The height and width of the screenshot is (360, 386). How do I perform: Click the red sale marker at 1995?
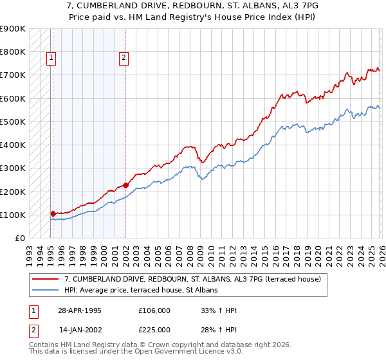pyautogui.click(x=53, y=213)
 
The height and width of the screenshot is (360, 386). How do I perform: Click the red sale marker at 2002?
pyautogui.click(x=125, y=185)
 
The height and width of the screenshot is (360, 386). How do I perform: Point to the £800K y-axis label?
pyautogui.click(x=13, y=51)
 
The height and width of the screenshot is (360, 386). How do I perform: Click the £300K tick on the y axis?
pyautogui.click(x=13, y=168)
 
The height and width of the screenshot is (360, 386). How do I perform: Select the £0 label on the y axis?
pyautogui.click(x=19, y=239)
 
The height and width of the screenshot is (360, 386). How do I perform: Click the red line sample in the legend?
pyautogui.click(x=47, y=278)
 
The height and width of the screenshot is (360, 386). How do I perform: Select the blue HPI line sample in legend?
pyautogui.click(x=47, y=290)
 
